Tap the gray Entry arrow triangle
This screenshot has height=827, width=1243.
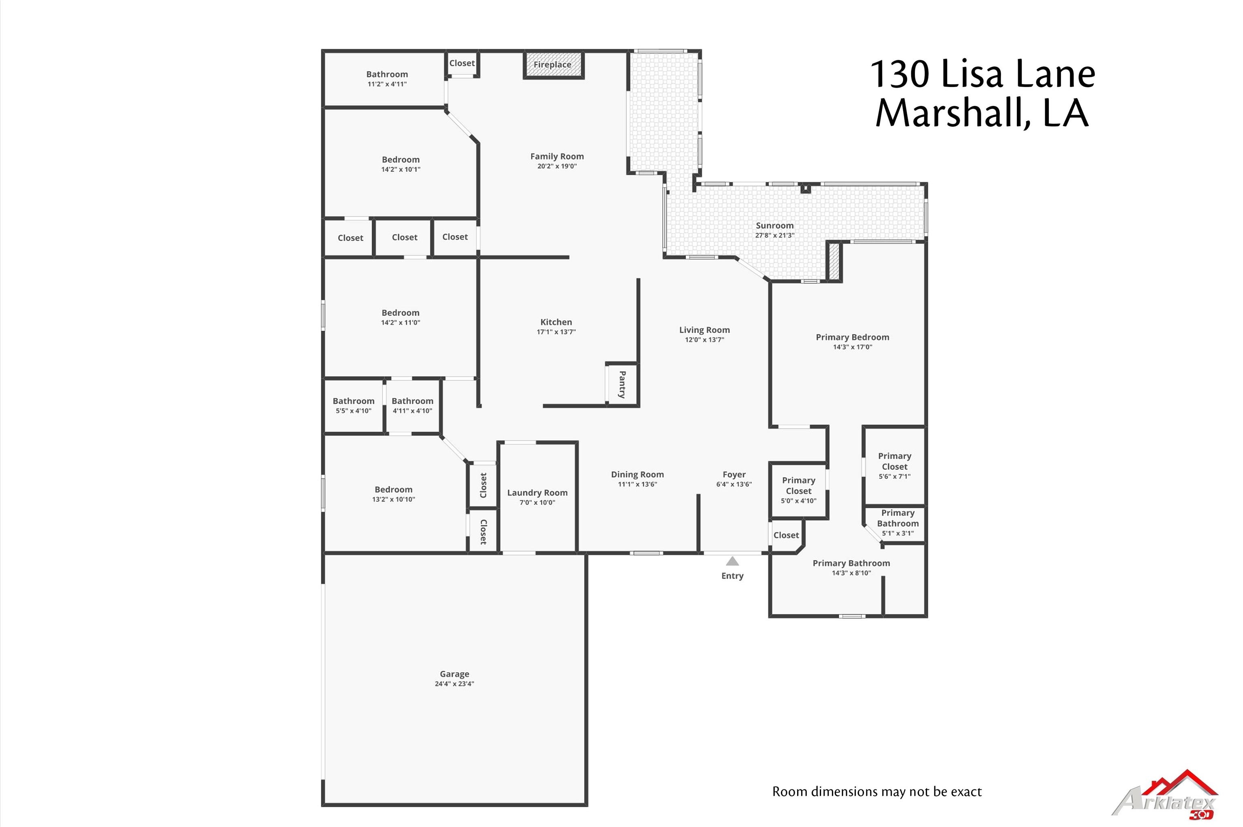pos(732,561)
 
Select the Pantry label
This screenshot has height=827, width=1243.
pos(622,384)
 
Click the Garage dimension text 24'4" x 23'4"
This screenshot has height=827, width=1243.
pos(454,684)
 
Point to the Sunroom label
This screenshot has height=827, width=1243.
pos(774,226)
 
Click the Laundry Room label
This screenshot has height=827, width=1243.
pos(537,493)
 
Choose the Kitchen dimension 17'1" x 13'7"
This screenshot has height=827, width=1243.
pos(556,332)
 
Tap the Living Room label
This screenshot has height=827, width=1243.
pos(704,330)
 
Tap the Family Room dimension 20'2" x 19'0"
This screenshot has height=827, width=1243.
pos(557,166)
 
